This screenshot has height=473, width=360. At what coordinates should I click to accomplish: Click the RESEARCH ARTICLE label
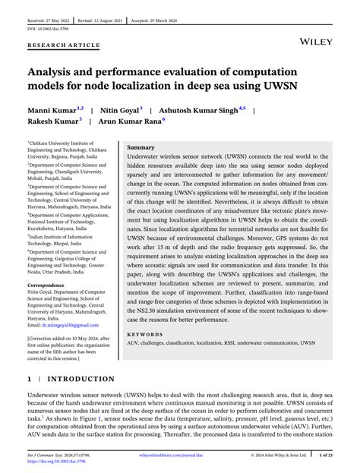click(x=63, y=46)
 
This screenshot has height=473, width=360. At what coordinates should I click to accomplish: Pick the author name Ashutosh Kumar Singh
click(x=201, y=110)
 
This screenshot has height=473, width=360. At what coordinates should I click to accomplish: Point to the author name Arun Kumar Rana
click(x=130, y=121)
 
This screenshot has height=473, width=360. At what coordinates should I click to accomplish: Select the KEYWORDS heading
click(x=146, y=333)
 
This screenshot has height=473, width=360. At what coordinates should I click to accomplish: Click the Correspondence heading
click(x=52, y=285)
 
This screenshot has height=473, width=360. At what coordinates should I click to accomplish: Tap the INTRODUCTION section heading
click(x=82, y=378)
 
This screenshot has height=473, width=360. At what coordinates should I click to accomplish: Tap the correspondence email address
click(x=63, y=324)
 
